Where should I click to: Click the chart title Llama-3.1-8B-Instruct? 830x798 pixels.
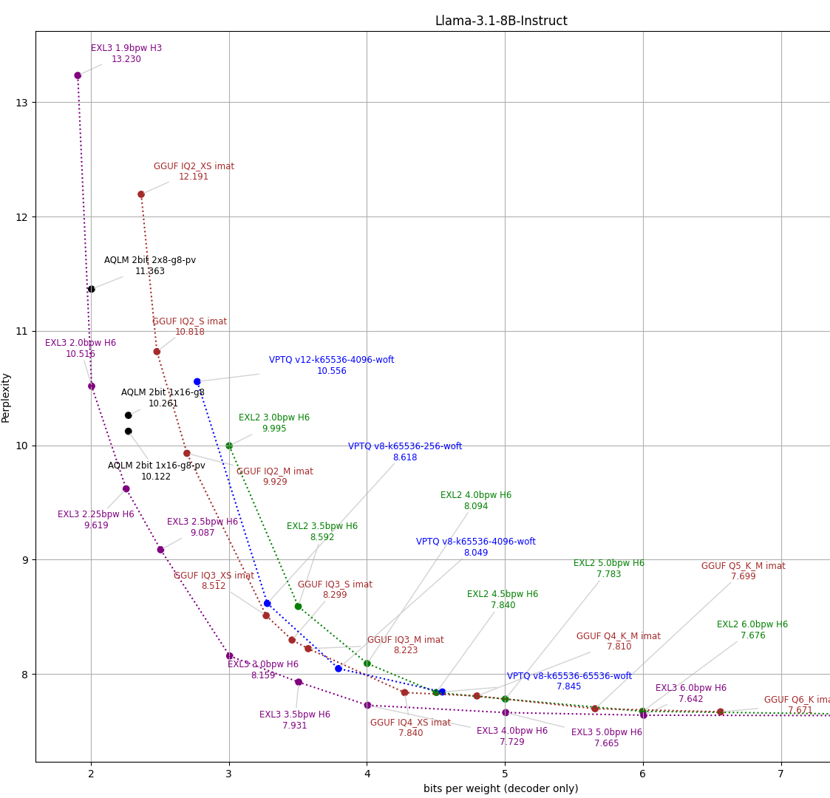[x=501, y=21]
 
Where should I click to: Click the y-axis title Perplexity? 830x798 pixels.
[x=6, y=398]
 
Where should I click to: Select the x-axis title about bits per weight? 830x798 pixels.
[x=500, y=788]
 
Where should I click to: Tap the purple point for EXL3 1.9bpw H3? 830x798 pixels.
[x=78, y=75]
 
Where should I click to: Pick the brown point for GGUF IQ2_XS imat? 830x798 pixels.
[x=141, y=194]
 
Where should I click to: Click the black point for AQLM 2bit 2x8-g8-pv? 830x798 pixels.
[x=91, y=289]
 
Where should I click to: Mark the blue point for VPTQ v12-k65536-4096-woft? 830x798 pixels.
[x=197, y=382]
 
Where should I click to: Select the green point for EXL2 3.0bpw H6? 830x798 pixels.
[x=229, y=446]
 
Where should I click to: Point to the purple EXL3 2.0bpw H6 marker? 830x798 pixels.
[x=92, y=386]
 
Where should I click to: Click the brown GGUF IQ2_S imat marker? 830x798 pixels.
[x=157, y=352]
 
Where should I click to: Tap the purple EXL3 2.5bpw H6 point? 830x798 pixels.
[x=160, y=550]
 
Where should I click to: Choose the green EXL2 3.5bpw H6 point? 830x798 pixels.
[x=298, y=607]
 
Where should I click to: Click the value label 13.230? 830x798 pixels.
[x=126, y=59]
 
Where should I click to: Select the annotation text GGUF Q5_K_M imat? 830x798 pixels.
[x=743, y=566]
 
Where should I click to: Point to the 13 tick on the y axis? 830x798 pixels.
[x=22, y=102]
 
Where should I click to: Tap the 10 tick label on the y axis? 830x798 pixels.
[x=22, y=446]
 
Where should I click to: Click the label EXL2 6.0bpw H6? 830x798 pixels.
[x=752, y=624]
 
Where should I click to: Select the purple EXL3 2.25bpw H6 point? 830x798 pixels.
[x=126, y=488]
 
